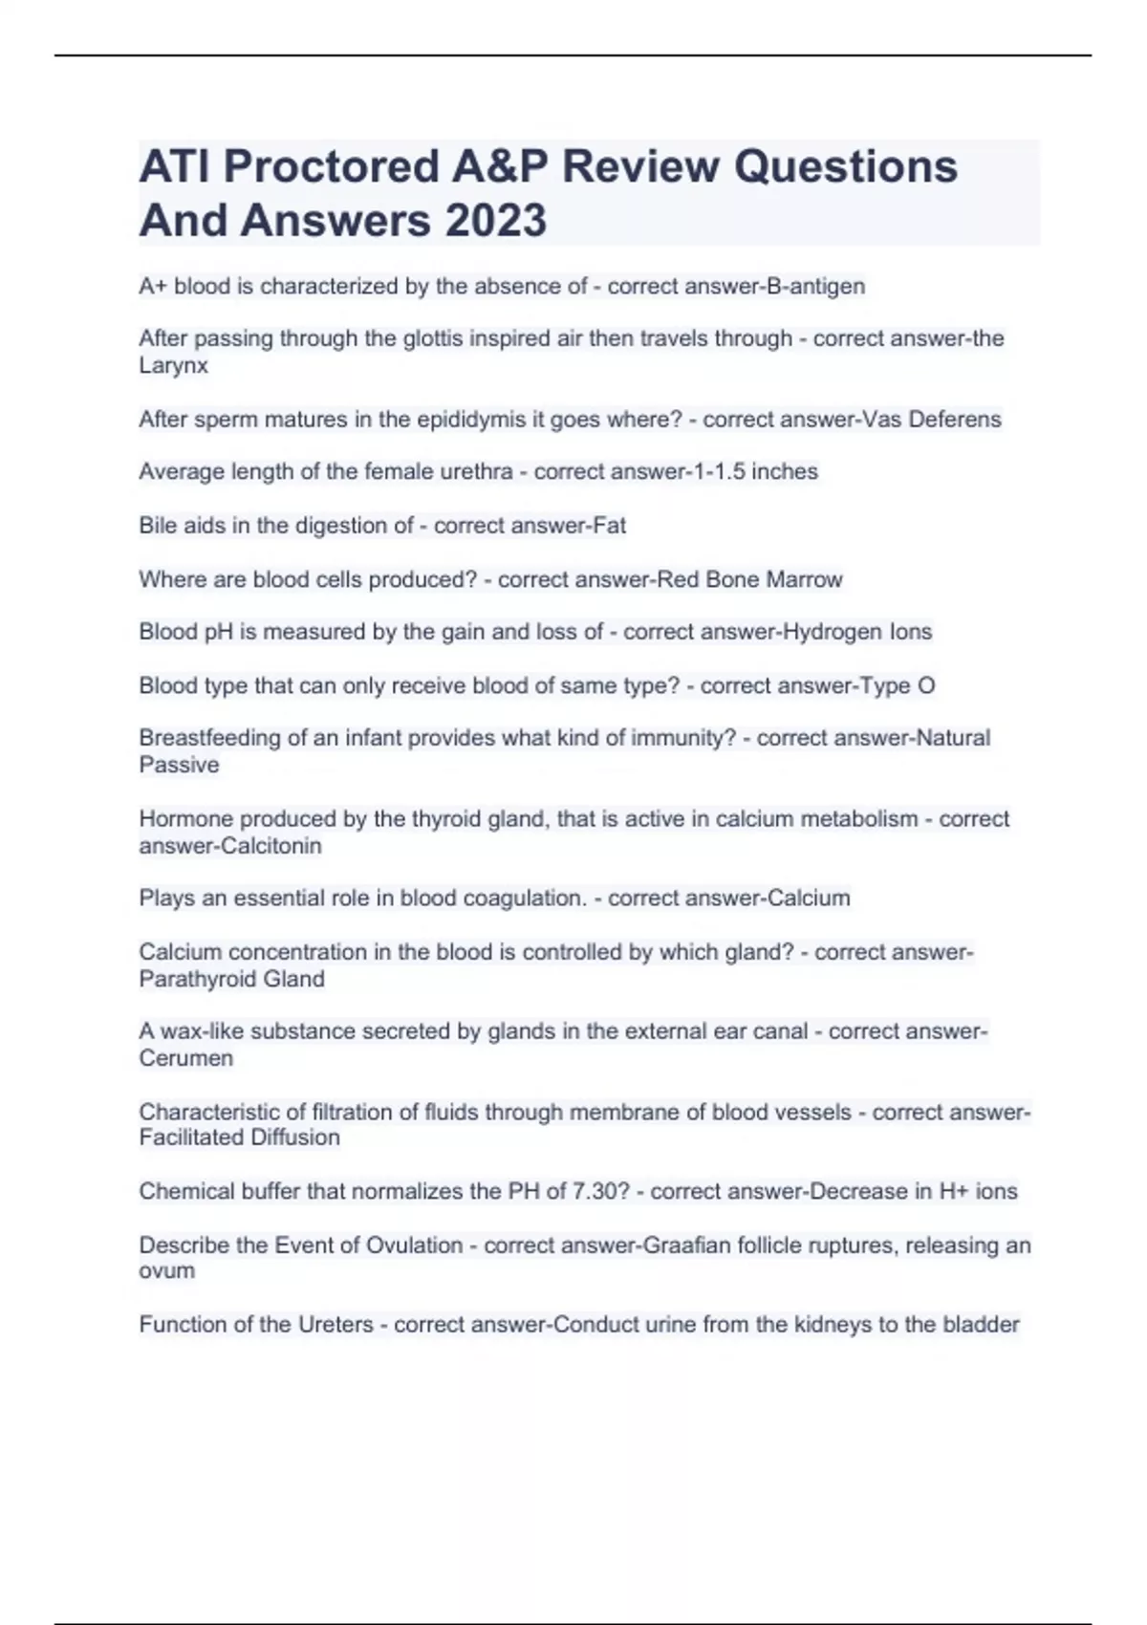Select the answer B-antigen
coord(811,287)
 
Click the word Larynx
coord(173,365)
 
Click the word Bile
coord(158,526)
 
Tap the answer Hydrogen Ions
coord(856,632)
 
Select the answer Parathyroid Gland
coord(231,979)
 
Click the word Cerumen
coord(185,1058)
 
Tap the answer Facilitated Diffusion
coord(239,1137)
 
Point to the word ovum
coord(166,1271)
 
